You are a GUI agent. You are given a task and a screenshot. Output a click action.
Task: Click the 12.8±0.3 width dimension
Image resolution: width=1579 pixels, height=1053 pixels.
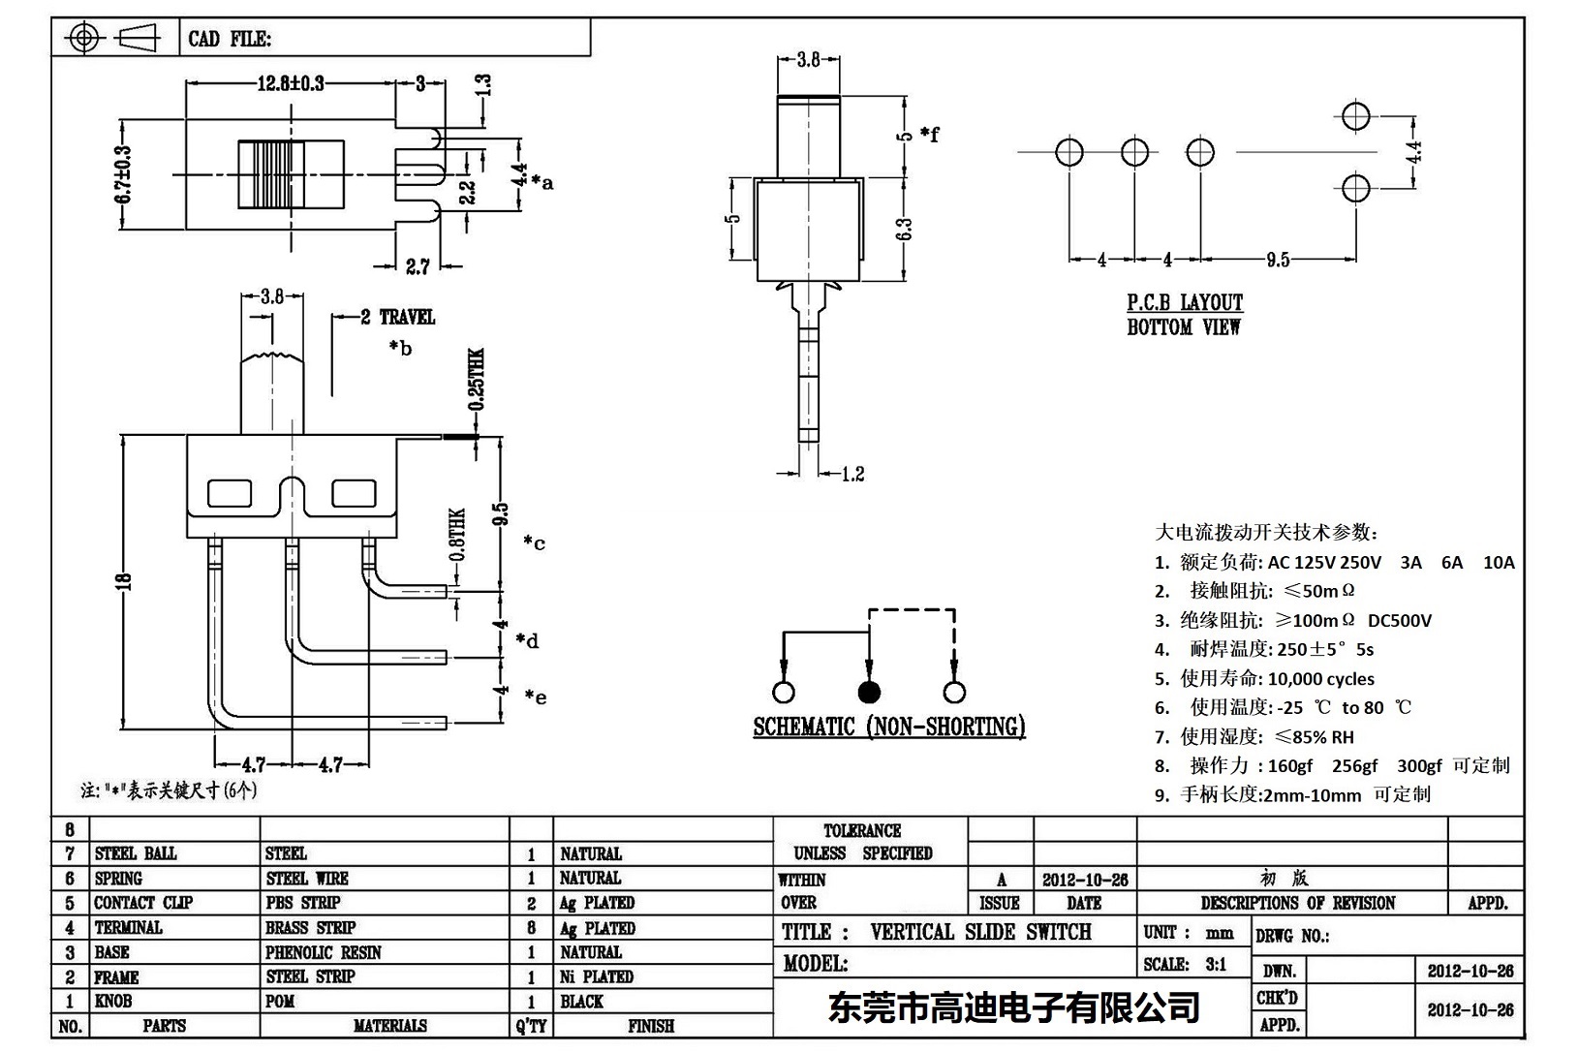click(290, 83)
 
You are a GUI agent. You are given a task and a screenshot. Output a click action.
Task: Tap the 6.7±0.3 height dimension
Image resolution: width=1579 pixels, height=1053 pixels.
click(123, 175)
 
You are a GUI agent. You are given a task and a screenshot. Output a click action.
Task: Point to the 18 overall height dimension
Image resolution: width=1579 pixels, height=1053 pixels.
click(123, 581)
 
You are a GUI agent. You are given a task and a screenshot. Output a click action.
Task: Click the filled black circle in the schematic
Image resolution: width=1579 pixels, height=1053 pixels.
click(869, 692)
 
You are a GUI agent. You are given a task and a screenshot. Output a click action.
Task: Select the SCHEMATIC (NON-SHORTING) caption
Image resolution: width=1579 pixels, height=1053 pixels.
click(888, 727)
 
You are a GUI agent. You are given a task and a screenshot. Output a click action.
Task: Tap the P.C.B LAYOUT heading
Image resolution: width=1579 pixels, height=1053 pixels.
click(1184, 302)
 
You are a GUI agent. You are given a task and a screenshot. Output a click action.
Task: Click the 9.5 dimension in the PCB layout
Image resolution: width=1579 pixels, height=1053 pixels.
click(1277, 260)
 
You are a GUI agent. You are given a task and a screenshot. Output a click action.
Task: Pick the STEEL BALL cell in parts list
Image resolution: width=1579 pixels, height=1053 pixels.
click(136, 853)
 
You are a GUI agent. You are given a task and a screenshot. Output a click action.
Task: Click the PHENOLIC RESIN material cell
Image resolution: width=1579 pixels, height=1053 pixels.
click(323, 952)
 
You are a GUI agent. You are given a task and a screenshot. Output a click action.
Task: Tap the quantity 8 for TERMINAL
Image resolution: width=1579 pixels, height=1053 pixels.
click(532, 928)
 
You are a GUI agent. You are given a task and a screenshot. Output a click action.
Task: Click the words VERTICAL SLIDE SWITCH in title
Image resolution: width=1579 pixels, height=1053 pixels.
click(980, 932)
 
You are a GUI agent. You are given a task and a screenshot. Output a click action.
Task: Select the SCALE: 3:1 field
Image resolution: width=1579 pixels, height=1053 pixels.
click(1185, 964)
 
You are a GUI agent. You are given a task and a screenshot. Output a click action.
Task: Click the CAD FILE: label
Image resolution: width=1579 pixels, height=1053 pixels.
click(230, 39)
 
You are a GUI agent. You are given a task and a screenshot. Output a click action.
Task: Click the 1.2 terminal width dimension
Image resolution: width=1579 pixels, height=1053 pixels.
click(852, 474)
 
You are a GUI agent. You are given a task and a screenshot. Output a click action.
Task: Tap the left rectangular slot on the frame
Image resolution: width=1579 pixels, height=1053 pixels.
click(230, 494)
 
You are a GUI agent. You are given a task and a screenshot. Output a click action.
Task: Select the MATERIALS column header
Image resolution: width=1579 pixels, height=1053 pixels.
click(389, 1026)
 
